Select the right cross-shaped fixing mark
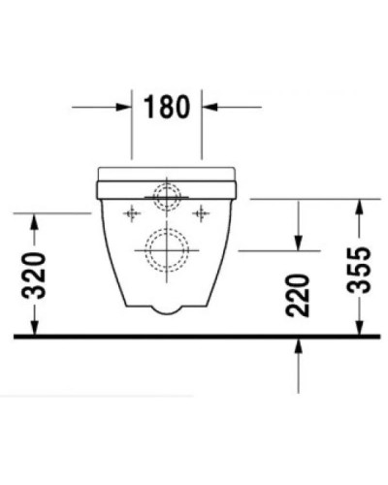click(202, 210)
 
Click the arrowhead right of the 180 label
click(210, 107)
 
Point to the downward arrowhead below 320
click(34, 327)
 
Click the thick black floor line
click(194, 337)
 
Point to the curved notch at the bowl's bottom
click(167, 310)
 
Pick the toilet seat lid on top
click(168, 176)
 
